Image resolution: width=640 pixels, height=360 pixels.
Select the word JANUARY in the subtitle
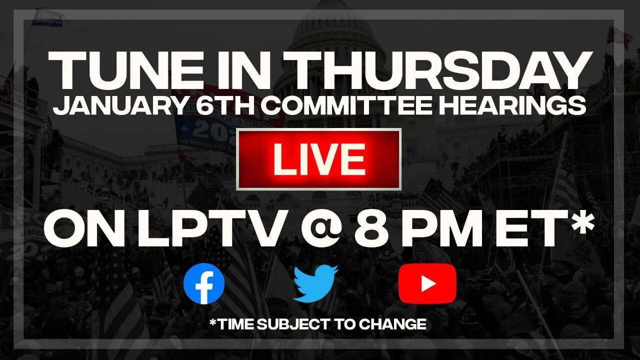click(102, 106)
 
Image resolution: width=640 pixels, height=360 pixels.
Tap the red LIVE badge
click(318, 159)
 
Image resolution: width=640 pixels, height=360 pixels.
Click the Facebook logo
click(204, 283)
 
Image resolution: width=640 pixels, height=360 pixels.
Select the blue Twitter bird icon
click(315, 283)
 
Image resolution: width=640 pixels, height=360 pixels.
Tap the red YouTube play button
click(427, 283)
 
